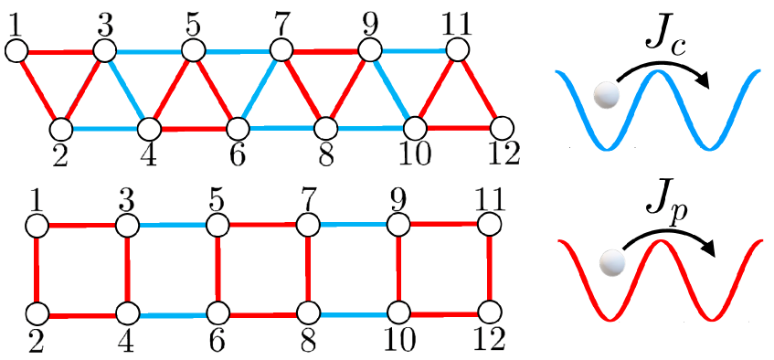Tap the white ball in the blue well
[x=605, y=93]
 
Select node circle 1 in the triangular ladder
[x=16, y=51]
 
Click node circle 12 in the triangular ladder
[x=500, y=127]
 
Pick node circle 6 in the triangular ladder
[x=237, y=128]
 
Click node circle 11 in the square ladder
[x=491, y=223]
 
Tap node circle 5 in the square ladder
[x=217, y=225]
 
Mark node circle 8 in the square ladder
[x=308, y=313]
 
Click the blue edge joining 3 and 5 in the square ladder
[x=172, y=225]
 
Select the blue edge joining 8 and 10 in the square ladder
[x=353, y=313]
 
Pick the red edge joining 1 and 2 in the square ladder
[x=37, y=270]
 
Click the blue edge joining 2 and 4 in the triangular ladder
[x=103, y=129]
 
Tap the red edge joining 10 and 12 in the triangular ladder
[x=458, y=127]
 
